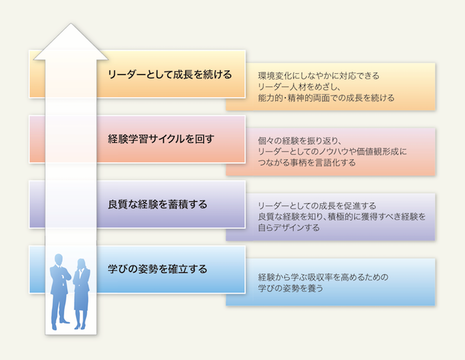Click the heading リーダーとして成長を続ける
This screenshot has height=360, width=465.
(x=169, y=74)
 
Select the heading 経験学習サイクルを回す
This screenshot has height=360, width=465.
(x=161, y=139)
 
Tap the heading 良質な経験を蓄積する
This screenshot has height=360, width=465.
(x=157, y=204)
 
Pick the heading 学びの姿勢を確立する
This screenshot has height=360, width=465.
(x=157, y=268)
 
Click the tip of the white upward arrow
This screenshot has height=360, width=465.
(x=71, y=23)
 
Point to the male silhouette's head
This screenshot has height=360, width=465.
(x=58, y=259)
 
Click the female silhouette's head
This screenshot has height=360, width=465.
(x=82, y=264)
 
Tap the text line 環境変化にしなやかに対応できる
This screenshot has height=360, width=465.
(x=318, y=76)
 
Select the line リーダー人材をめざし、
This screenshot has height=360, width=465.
(x=299, y=86)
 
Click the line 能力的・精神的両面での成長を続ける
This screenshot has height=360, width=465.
(x=326, y=98)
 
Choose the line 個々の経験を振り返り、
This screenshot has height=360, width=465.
(x=300, y=141)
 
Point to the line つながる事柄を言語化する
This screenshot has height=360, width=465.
(x=307, y=163)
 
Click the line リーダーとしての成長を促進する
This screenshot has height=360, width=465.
(x=317, y=205)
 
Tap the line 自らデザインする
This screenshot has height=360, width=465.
(x=289, y=227)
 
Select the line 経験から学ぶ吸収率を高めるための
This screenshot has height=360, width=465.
(x=323, y=277)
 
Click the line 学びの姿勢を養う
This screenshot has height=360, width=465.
(x=290, y=288)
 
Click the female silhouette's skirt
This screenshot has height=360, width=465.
(x=81, y=300)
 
